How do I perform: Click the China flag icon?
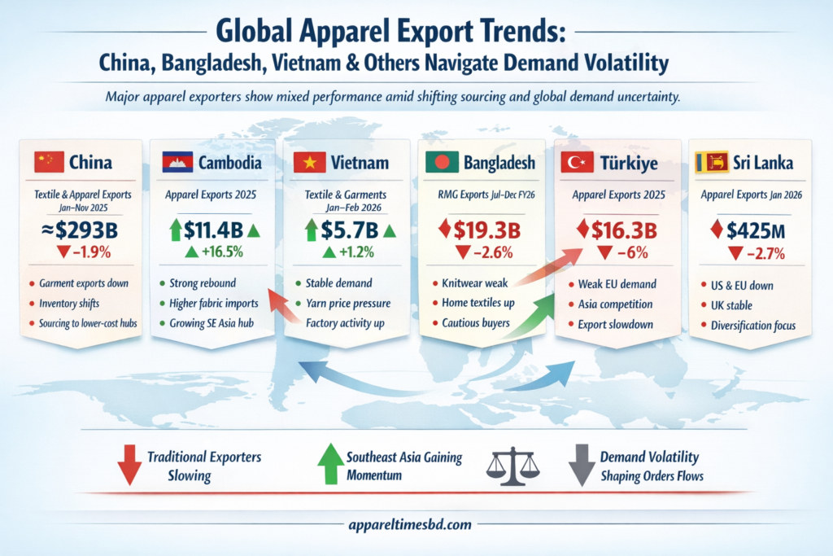click(49, 162)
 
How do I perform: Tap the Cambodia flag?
click(178, 162)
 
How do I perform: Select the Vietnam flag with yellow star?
click(309, 163)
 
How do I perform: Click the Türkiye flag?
click(579, 163)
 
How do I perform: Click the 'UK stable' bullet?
click(731, 305)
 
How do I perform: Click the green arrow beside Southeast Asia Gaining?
click(329, 464)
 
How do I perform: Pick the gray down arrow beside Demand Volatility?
click(581, 465)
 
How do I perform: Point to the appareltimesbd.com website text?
click(416, 525)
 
